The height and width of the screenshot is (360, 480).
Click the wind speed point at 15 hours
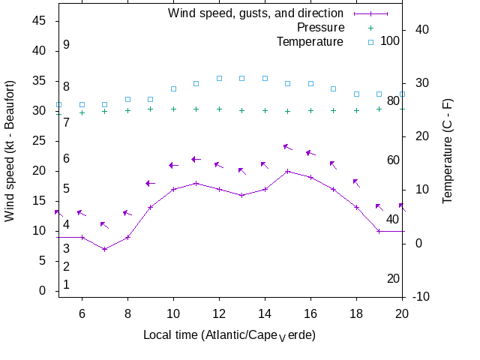tap(287, 171)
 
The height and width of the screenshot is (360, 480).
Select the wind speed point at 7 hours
tap(105, 249)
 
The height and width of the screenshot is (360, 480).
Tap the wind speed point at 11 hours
tap(196, 183)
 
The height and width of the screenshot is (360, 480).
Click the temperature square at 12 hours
tap(219, 78)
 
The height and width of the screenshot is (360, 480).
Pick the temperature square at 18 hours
tap(356, 94)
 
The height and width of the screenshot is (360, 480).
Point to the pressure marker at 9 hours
tap(151, 109)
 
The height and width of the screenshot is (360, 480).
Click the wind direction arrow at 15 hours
tap(287, 147)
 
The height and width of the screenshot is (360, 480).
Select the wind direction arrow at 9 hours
tap(150, 183)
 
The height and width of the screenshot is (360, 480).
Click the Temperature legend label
tap(310, 41)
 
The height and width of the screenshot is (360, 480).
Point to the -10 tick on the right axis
tap(421, 297)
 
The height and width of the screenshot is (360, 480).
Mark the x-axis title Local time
tap(229, 334)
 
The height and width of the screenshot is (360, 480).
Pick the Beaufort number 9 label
tap(67, 45)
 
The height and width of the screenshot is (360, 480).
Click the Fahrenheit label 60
tap(393, 160)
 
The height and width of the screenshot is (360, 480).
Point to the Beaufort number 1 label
tap(67, 284)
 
